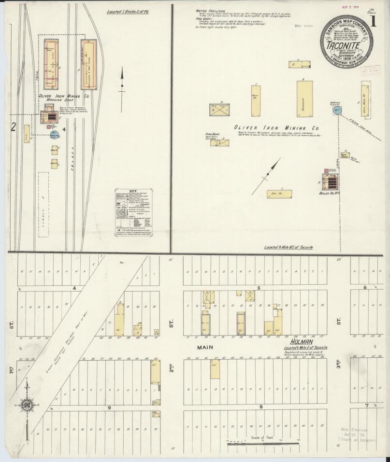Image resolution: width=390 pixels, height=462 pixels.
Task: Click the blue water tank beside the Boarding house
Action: [x=337, y=111]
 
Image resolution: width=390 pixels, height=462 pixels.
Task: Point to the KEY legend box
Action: [x=134, y=210]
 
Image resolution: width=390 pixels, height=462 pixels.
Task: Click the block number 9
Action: [x=110, y=407]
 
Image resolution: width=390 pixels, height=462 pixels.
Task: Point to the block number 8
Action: [x=260, y=407]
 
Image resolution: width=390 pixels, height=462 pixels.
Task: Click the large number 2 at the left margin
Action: [x=14, y=127]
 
